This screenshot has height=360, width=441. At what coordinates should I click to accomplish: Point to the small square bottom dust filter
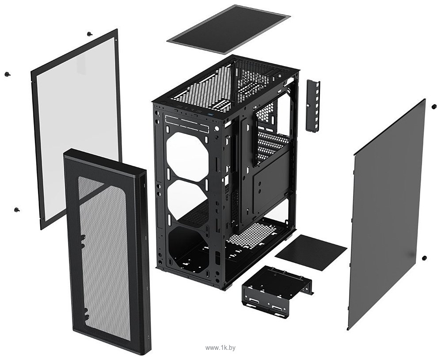coord(311,253)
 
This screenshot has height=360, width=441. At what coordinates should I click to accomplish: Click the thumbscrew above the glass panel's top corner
coord(90,34)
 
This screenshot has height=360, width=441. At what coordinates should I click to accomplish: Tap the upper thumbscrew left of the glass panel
coord(7,74)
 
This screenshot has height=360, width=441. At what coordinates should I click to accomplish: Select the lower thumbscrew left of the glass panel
coord(17,209)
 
